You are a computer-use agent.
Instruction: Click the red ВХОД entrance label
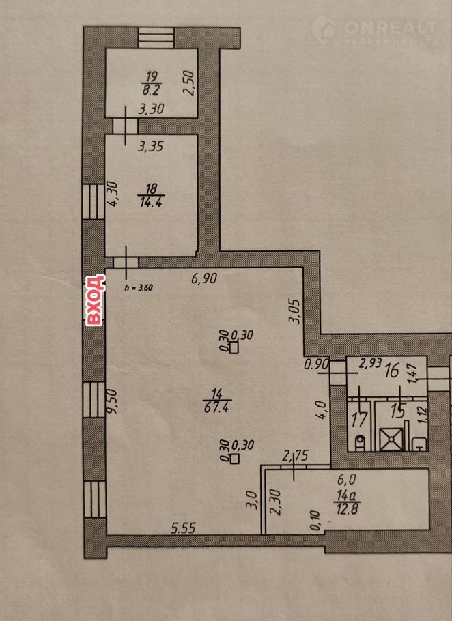[x=96, y=300]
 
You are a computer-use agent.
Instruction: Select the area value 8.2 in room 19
[x=151, y=90]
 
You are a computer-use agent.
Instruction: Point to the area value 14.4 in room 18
[x=152, y=203]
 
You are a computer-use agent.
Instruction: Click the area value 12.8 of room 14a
[x=348, y=508]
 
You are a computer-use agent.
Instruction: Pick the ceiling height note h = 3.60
[x=138, y=288]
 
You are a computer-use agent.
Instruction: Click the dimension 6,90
[x=204, y=278]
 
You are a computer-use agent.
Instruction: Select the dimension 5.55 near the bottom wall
[x=184, y=528]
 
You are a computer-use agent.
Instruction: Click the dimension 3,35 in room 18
[x=150, y=147]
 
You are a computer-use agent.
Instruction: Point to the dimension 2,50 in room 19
[x=189, y=83]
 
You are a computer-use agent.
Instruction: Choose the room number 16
[x=392, y=371]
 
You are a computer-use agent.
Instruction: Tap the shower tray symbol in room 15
[x=391, y=439]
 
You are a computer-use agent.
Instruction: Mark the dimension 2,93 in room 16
[x=370, y=363]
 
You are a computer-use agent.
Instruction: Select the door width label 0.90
[x=317, y=364]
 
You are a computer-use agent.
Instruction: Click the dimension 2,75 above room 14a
[x=295, y=456]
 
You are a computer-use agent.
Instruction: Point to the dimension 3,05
[x=296, y=311]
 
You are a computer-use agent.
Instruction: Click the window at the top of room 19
[x=156, y=38]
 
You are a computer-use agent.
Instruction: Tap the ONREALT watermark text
[x=390, y=28]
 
